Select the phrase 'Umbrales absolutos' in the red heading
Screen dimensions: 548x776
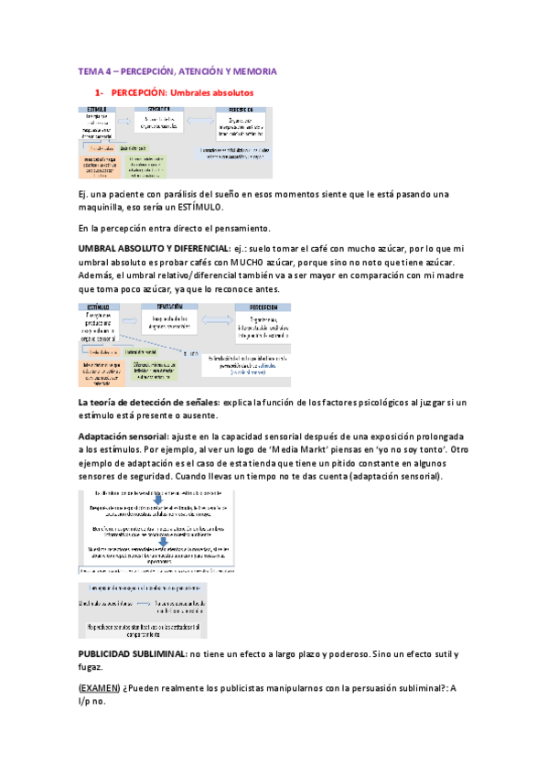click(211, 93)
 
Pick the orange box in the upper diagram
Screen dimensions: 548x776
click(100, 166)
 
